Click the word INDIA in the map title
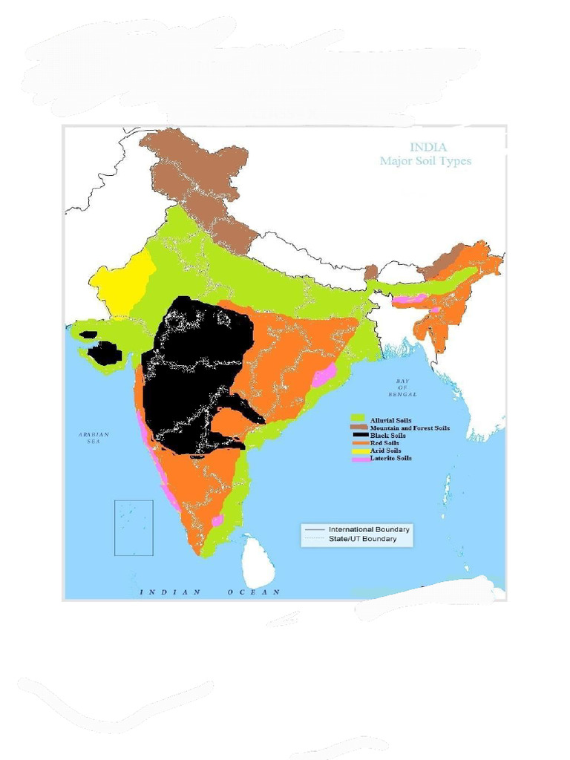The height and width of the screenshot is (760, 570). [428, 148]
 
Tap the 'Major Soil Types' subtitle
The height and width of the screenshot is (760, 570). [425, 161]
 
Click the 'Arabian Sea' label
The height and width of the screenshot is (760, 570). [94, 438]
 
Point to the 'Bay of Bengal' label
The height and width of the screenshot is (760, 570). [402, 387]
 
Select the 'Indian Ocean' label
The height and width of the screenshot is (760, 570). [210, 592]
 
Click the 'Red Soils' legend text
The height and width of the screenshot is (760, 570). [384, 443]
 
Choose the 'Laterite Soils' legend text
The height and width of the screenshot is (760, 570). [390, 459]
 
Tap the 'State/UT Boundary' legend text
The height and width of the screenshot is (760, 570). [362, 539]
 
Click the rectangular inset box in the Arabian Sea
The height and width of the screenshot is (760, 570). [134, 528]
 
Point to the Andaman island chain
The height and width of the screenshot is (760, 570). [447, 490]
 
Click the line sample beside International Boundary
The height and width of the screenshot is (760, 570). [312, 529]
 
